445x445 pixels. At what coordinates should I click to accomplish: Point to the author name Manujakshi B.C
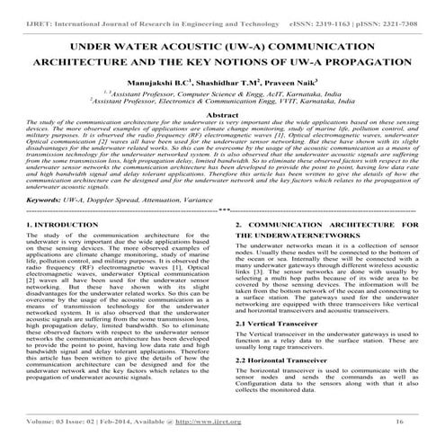coord(163,80)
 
